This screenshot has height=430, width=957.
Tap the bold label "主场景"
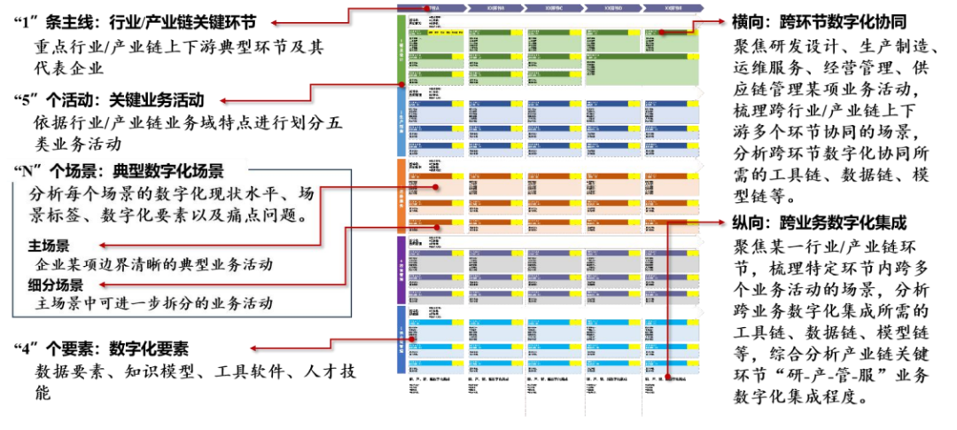coord(50,245)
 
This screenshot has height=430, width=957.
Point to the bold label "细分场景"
coord(56,285)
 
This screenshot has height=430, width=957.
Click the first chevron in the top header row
coord(432,7)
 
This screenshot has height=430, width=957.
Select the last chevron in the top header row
coord(672,7)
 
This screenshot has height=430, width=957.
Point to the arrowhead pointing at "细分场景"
coord(103,285)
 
